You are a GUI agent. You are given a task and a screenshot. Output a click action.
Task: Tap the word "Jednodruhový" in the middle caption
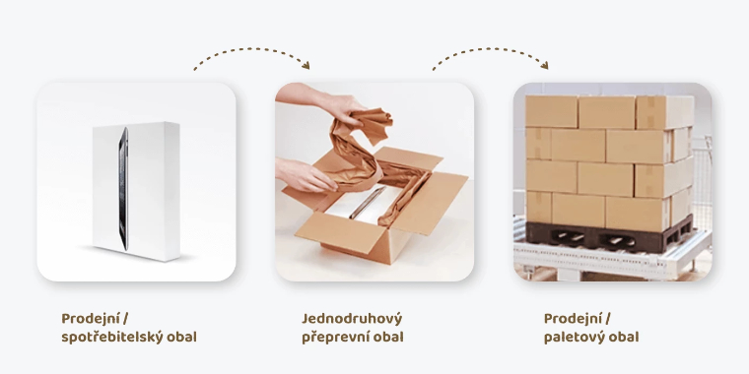pos(352,319)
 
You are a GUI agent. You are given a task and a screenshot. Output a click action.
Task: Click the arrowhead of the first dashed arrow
pos(306,65)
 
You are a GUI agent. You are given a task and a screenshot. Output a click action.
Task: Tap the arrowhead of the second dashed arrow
pos(544,65)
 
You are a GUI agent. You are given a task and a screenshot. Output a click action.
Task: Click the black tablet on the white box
pos(123,188)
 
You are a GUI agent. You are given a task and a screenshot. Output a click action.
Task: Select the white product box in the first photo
pos(137,191)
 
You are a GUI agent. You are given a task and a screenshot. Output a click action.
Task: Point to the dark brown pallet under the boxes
pos(609,234)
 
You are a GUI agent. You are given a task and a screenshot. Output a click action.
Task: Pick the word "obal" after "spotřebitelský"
pos(181,337)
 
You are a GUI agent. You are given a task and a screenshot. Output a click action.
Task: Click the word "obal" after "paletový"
pos(624,337)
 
